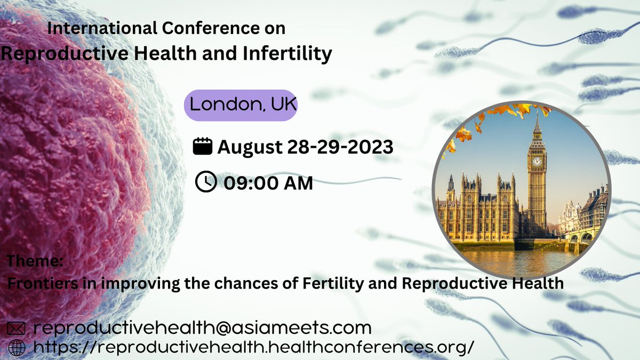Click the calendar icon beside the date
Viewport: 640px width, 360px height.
coord(202,146)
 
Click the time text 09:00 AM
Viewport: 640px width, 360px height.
coord(268,183)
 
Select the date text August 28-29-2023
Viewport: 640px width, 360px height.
coord(305,147)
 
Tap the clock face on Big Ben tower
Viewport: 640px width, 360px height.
coord(537,161)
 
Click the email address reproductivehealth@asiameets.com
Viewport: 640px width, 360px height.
coord(202,327)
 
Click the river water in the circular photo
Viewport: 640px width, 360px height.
coord(512,259)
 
